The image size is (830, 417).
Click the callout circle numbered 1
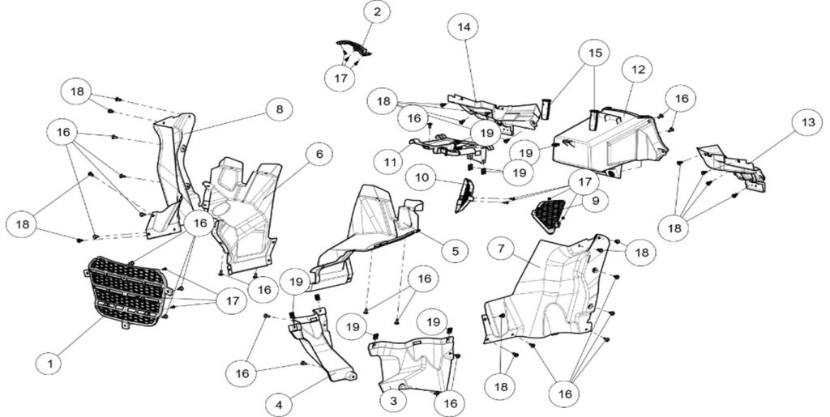[51, 363]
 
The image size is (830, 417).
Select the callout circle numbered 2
[377, 11]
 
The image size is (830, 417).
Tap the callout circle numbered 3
[393, 401]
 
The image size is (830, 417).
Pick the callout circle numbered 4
[280, 406]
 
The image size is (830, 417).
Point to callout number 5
[455, 250]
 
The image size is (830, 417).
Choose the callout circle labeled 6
[319, 155]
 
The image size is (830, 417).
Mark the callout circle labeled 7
[501, 248]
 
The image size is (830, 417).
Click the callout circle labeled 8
[279, 110]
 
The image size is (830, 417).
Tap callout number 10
[421, 177]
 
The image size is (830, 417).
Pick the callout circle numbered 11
[390, 162]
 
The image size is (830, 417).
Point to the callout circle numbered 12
[639, 70]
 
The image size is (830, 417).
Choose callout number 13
[808, 122]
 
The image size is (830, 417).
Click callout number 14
[464, 27]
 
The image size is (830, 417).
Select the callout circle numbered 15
[594, 53]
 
